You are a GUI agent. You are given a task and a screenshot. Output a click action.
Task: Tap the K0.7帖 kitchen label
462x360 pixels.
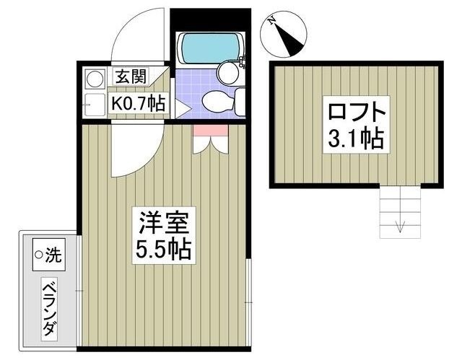coord(137,104)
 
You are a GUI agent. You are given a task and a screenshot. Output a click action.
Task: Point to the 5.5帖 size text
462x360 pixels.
coord(164,250)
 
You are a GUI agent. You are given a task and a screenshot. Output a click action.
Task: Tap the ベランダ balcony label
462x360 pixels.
coord(49,308)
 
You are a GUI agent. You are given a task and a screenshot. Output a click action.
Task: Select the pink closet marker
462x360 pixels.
coord(210,130)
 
